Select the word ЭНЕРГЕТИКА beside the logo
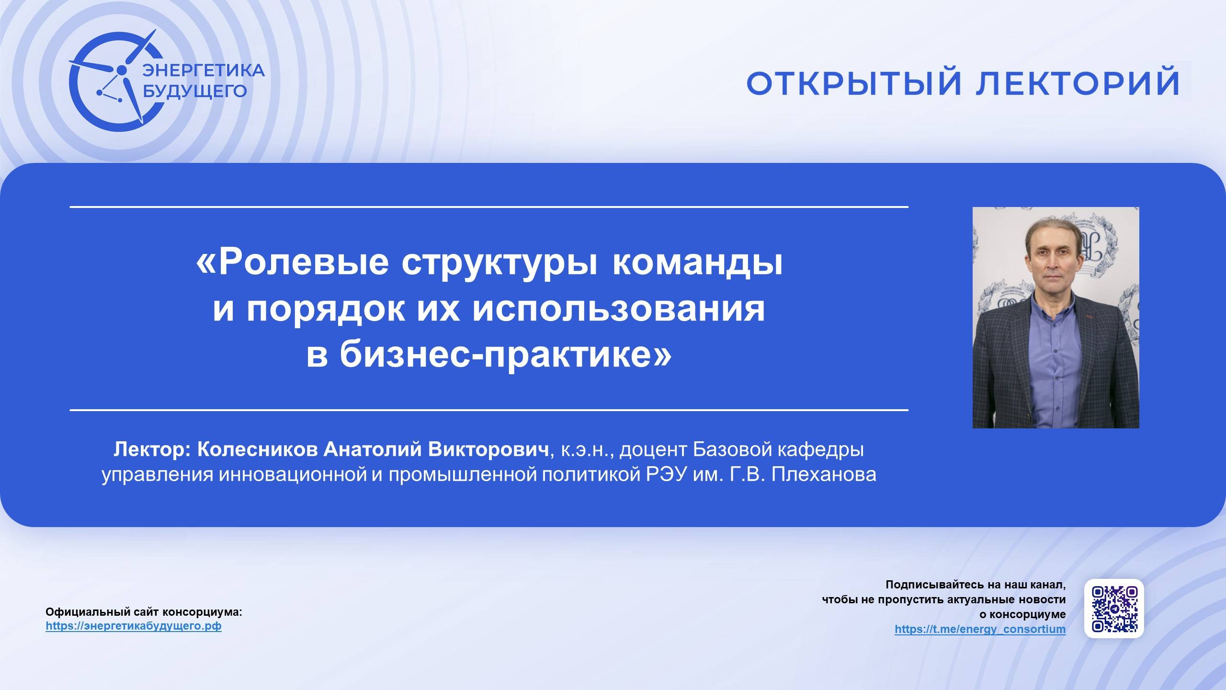tap(204, 70)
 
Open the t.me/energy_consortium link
tap(980, 629)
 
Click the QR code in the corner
tap(1114, 609)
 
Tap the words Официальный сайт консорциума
tap(144, 612)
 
